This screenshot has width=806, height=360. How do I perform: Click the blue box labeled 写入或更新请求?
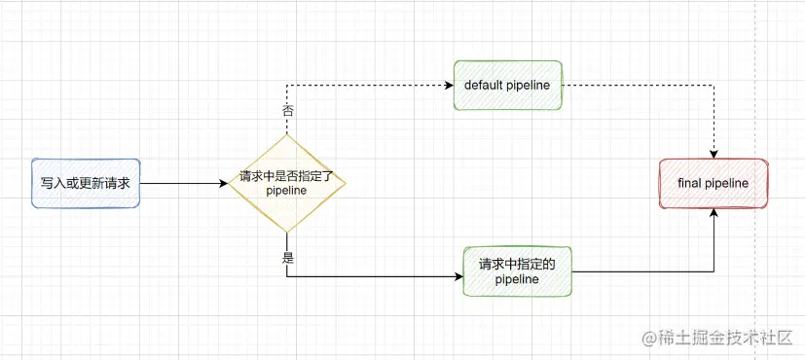pyautogui.click(x=86, y=182)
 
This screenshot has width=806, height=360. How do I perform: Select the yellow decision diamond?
pyautogui.click(x=286, y=183)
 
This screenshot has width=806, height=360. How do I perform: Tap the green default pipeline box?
pyautogui.click(x=507, y=86)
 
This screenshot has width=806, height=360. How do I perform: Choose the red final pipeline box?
pyautogui.click(x=714, y=182)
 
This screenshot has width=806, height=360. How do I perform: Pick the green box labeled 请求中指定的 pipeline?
pyautogui.click(x=516, y=271)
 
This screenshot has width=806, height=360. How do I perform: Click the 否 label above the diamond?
pyautogui.click(x=287, y=111)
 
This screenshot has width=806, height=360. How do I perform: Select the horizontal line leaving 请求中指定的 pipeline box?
pyautogui.click(x=642, y=271)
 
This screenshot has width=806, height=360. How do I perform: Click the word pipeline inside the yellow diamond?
pyautogui.click(x=286, y=192)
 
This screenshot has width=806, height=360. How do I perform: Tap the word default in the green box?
pyautogui.click(x=483, y=86)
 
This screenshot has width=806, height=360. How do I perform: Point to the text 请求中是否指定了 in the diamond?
pyautogui.click(x=286, y=177)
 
